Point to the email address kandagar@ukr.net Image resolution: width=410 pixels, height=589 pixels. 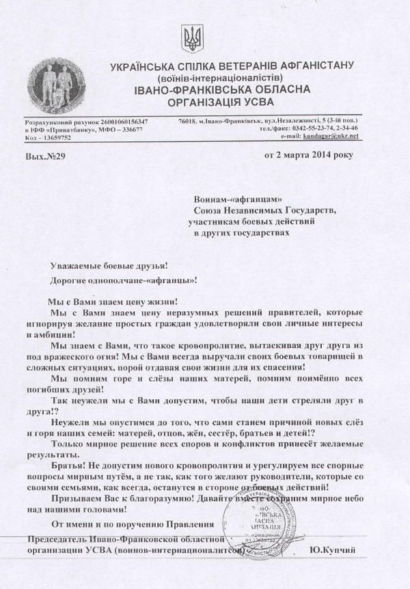[x=330, y=136]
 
